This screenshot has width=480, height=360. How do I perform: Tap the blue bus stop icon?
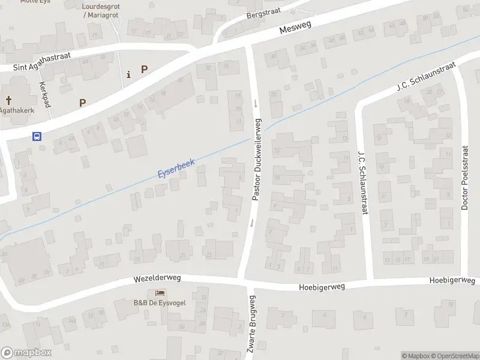pos(37,136)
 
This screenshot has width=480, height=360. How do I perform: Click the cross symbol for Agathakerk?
pos(9,101)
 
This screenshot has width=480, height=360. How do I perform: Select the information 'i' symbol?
pos(128,74)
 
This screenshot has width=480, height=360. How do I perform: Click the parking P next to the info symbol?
pos(144,69)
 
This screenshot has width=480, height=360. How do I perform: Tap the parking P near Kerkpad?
pos(82,103)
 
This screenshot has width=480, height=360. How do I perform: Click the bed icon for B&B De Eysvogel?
pos(160,293)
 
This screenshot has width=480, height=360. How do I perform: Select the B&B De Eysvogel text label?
pos(160,302)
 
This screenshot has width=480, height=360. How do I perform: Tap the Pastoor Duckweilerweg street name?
pos(257,159)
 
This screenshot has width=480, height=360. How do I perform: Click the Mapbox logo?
pos(26,353)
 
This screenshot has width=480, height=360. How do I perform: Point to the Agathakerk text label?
pos(17,110)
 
